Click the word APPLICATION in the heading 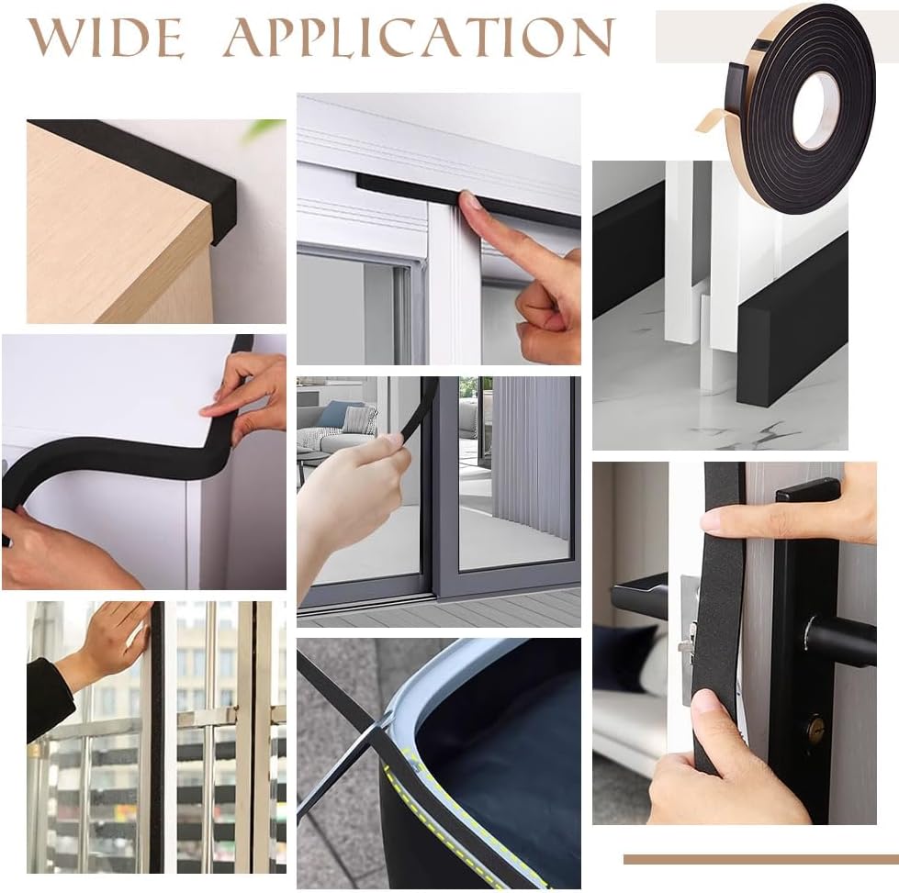point(419,37)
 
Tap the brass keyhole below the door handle point(813,731)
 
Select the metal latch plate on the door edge point(689,642)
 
